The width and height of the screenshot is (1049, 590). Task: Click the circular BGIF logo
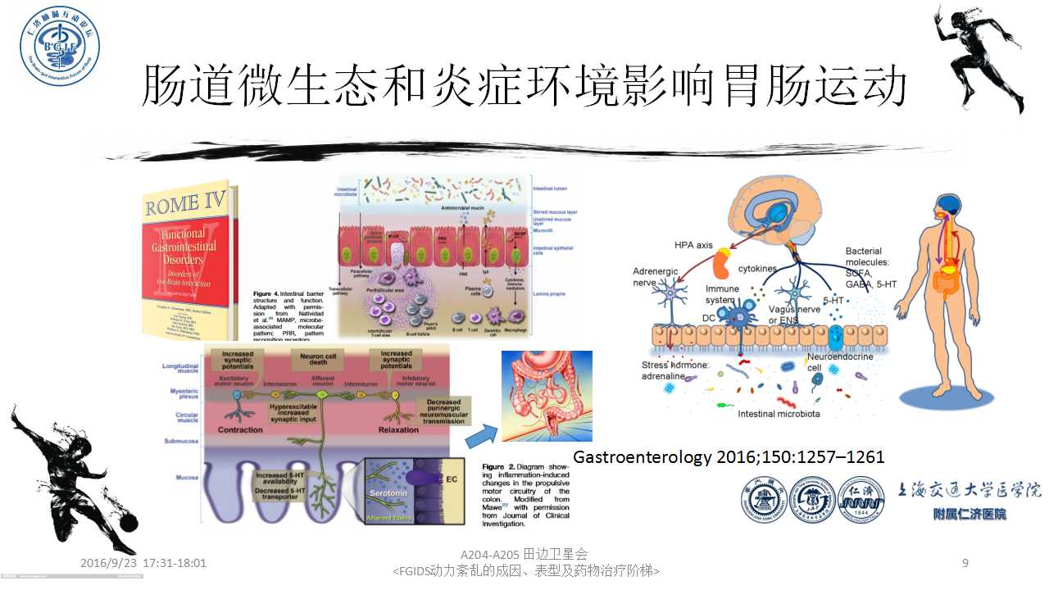pos(60,47)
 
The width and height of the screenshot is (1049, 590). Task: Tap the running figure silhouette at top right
pos(980,57)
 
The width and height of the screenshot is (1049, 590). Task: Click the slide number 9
pos(965,563)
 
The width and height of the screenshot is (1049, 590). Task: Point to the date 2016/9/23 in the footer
pos(109,564)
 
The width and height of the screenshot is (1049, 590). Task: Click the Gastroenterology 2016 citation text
pos(729,457)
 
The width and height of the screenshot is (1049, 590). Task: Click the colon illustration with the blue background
pos(547,397)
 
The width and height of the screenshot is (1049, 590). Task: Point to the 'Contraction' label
pos(240,429)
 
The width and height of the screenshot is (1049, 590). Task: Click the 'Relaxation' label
pos(398,429)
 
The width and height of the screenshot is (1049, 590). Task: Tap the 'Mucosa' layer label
pos(180,475)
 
